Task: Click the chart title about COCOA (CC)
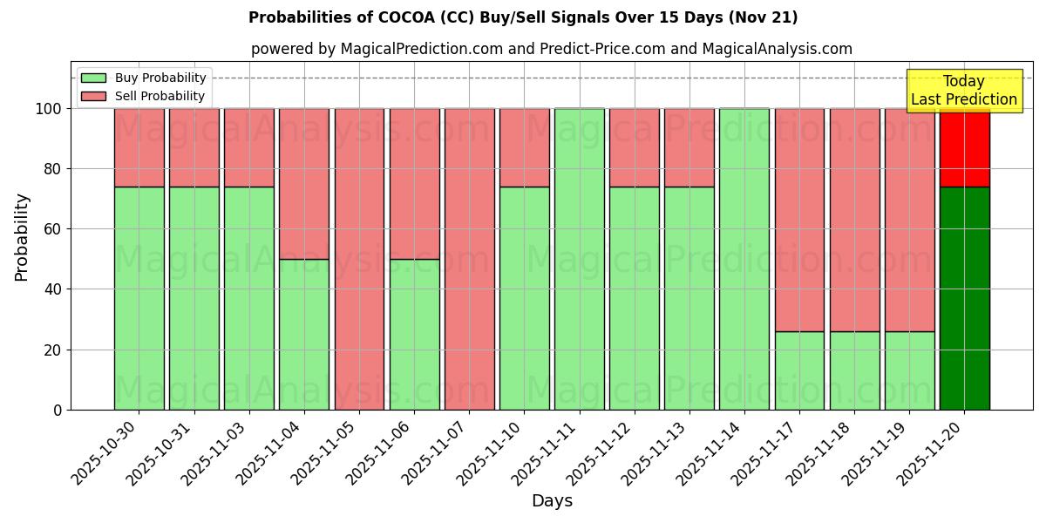point(523,17)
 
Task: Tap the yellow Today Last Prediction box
point(964,91)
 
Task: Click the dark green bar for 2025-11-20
point(964,298)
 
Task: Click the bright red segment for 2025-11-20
point(964,148)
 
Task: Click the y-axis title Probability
point(22,237)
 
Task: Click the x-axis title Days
point(552,501)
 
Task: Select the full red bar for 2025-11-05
point(359,259)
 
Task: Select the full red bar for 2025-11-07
point(469,259)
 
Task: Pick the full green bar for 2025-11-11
point(579,259)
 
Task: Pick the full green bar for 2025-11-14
point(744,259)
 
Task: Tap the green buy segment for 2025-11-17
point(799,370)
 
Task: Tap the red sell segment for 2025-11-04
point(304,183)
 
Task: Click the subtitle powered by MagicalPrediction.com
point(552,49)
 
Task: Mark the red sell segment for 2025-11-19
point(909,220)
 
